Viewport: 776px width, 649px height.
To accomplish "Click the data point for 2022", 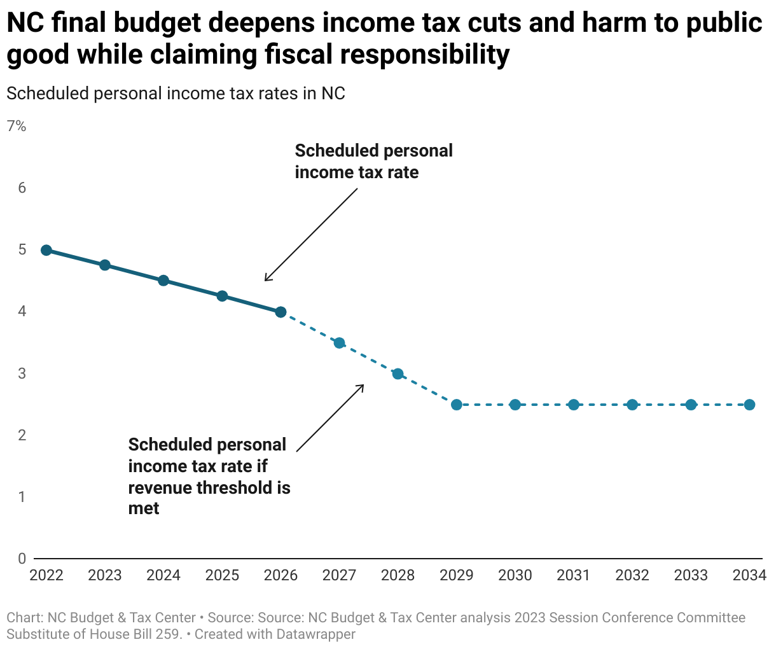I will click(46, 250).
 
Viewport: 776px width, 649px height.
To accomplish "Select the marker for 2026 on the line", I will click(281, 312).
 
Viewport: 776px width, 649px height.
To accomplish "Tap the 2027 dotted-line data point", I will click(339, 343).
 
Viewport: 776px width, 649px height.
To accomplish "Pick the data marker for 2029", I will click(457, 405).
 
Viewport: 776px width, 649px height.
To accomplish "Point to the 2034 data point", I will click(749, 405).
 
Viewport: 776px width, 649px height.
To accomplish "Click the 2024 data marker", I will click(163, 281).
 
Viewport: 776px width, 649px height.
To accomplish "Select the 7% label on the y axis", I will click(17, 127).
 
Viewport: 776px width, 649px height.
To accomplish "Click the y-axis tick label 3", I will click(22, 373).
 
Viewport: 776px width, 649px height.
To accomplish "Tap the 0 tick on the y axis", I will click(22, 559).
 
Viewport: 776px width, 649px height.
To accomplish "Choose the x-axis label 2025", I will click(222, 576).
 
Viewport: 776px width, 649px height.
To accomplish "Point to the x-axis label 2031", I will click(574, 576).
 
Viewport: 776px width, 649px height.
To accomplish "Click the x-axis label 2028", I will click(398, 576).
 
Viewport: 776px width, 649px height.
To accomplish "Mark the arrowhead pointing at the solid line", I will click(267, 279).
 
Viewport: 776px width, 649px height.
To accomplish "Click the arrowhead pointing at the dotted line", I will click(362, 386).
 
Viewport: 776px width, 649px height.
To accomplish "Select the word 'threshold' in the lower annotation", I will click(235, 487).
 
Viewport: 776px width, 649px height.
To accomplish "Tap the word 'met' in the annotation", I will click(144, 508).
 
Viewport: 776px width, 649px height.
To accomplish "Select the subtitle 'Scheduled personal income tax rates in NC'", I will click(176, 94).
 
